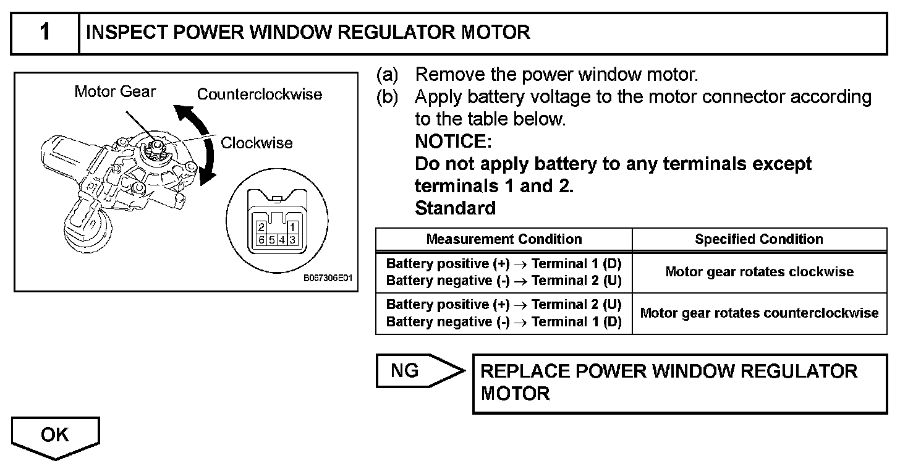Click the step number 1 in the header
tap(45, 32)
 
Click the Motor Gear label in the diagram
tap(115, 91)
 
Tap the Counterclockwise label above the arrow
tap(260, 95)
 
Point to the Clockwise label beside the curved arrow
tap(257, 143)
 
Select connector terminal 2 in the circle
tap(261, 228)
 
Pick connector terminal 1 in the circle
tap(292, 228)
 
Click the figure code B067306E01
tap(328, 278)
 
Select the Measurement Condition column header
tap(504, 239)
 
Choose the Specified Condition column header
tap(759, 239)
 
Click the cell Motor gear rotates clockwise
tap(759, 272)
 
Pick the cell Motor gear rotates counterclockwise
tap(759, 313)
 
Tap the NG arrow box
tap(420, 371)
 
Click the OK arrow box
tap(56, 437)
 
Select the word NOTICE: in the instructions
tap(453, 142)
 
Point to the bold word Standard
tap(455, 208)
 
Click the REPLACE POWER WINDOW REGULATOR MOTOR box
tap(680, 384)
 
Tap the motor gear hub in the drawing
tap(156, 148)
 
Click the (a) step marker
tap(388, 75)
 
